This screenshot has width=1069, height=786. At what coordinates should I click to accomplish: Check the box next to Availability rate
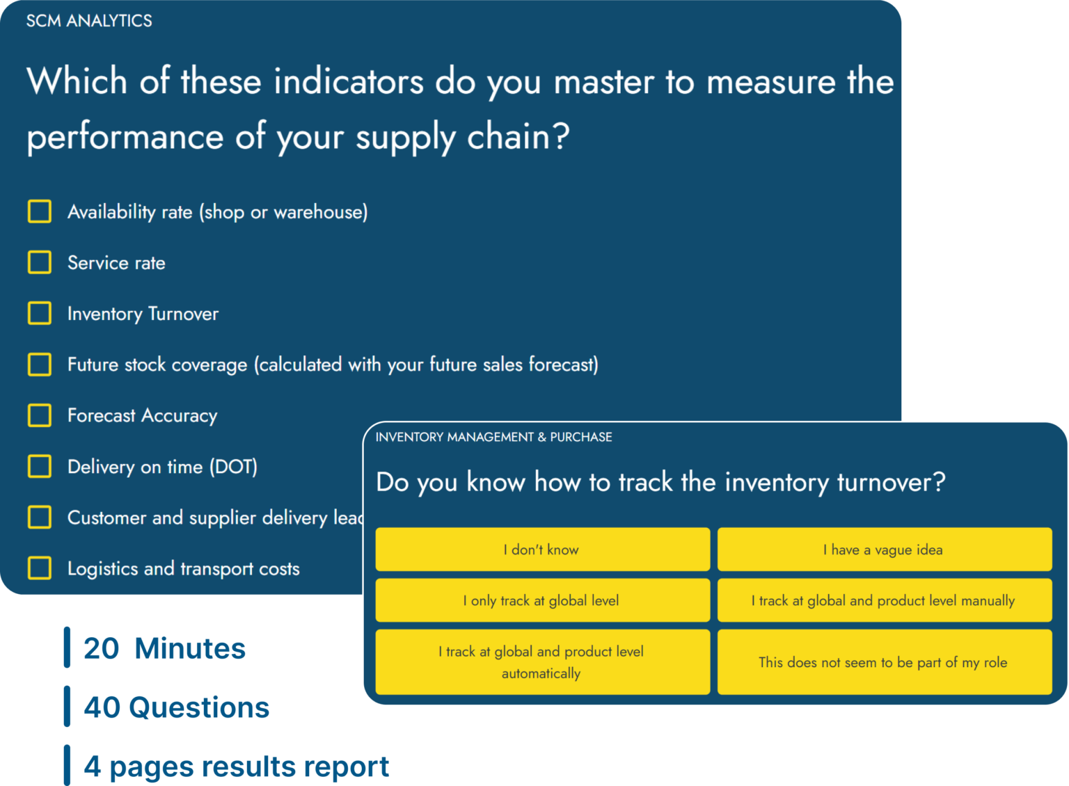40,211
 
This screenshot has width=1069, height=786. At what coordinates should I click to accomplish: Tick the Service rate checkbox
40,262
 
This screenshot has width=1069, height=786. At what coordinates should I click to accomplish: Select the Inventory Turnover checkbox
40,313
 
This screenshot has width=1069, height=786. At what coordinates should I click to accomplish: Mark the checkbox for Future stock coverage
40,364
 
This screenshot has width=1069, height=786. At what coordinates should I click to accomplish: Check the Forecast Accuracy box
40,415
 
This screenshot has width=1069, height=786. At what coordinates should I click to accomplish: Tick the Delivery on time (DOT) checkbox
40,466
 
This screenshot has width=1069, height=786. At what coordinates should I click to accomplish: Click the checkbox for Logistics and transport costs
40,568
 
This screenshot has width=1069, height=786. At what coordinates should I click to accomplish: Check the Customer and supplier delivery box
40,517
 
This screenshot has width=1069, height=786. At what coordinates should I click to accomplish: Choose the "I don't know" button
542,550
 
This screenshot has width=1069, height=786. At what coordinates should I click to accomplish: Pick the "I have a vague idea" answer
884,550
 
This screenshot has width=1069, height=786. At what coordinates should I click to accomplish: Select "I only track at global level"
542,600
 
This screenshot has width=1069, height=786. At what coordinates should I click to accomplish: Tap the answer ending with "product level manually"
884,600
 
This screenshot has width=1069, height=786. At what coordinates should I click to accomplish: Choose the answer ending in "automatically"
542,661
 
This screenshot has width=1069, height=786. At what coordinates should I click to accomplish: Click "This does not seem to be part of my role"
884,661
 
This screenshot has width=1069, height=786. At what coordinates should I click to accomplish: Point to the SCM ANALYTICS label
89,21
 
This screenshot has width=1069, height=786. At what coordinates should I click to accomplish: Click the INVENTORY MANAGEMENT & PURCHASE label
493,437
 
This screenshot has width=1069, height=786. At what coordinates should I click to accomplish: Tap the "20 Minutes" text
164,648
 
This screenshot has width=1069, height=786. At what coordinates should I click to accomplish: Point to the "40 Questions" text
176,707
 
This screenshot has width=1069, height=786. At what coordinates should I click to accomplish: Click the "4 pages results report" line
236,767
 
